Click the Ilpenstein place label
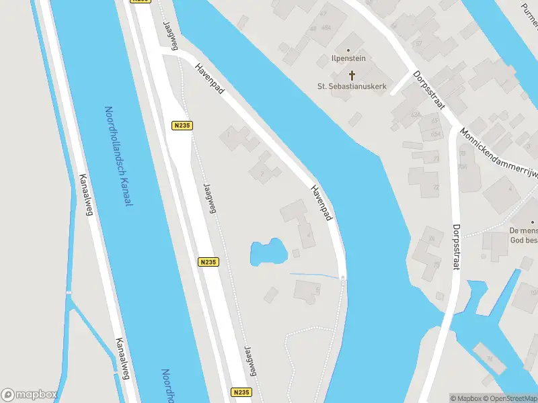pyautogui.click(x=348, y=58)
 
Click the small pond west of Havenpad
pyautogui.click(x=268, y=253)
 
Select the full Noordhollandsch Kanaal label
pyautogui.click(x=120, y=156)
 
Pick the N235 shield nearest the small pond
pyautogui.click(x=208, y=263)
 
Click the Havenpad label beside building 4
pyautogui.click(x=322, y=202)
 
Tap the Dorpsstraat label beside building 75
pyautogui.click(x=456, y=247)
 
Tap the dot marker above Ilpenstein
pyautogui.click(x=348, y=50)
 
